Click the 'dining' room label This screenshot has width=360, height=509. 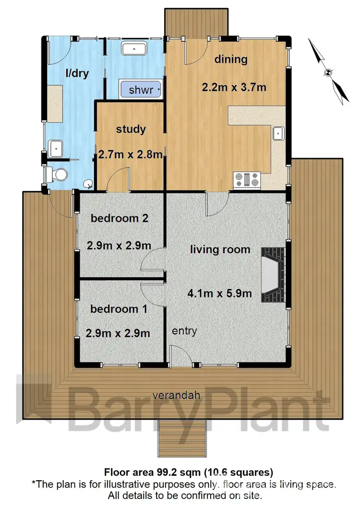231,59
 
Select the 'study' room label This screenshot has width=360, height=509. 131,129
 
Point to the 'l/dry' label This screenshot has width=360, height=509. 77,73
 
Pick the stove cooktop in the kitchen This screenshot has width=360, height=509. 247,180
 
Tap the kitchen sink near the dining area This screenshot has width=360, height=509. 278,133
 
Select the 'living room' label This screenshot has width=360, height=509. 220,249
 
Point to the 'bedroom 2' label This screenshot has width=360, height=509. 119,218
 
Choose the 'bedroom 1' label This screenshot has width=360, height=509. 119,309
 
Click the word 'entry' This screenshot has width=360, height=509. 184,331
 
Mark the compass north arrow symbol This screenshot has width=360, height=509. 329,72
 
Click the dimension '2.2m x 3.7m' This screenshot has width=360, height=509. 234,87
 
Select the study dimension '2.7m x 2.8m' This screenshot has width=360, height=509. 131,155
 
